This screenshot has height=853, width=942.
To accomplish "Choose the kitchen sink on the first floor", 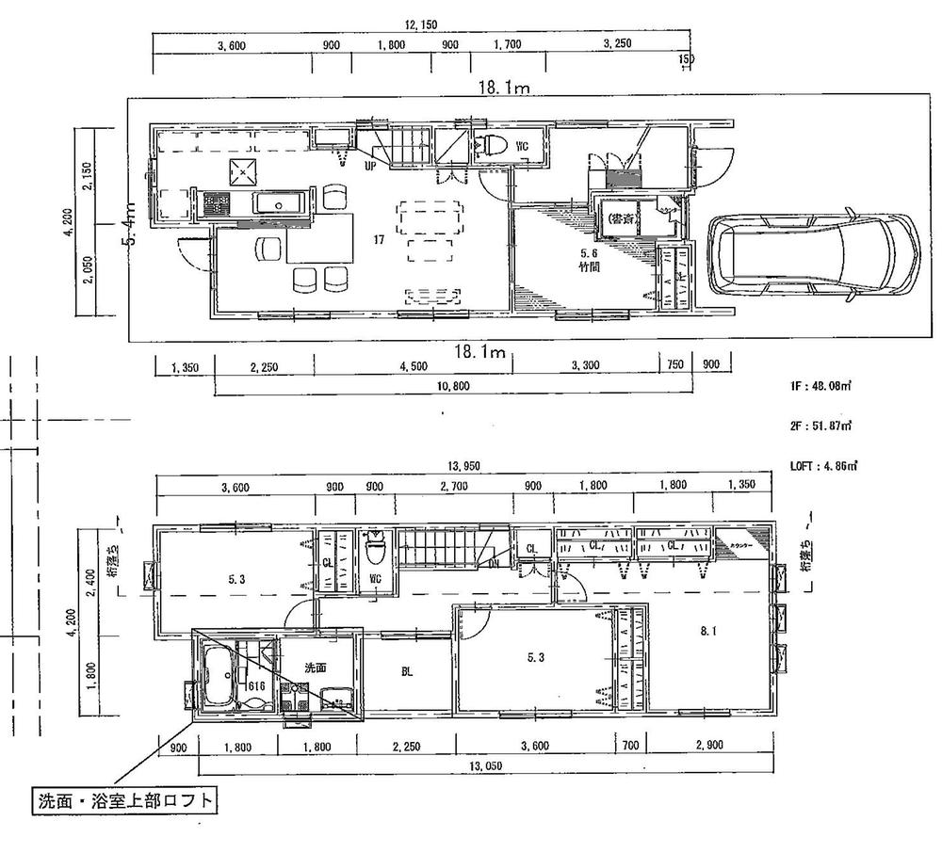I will (x=275, y=204).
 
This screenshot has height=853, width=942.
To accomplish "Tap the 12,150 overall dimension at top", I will (x=418, y=25).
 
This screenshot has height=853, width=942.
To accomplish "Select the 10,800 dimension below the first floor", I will (x=453, y=386).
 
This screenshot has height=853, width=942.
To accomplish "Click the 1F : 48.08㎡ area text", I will (x=821, y=385).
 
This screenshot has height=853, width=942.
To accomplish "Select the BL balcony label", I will (x=406, y=672).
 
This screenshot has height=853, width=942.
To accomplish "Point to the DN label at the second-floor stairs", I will (x=494, y=564).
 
